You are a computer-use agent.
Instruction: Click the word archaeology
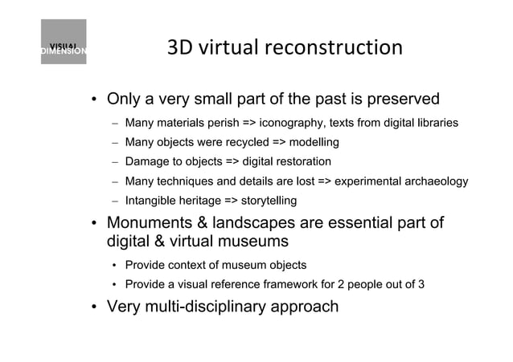436,181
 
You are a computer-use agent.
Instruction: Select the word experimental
367,181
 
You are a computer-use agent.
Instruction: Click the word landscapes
257,223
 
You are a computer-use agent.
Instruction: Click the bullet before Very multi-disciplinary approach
94,307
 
